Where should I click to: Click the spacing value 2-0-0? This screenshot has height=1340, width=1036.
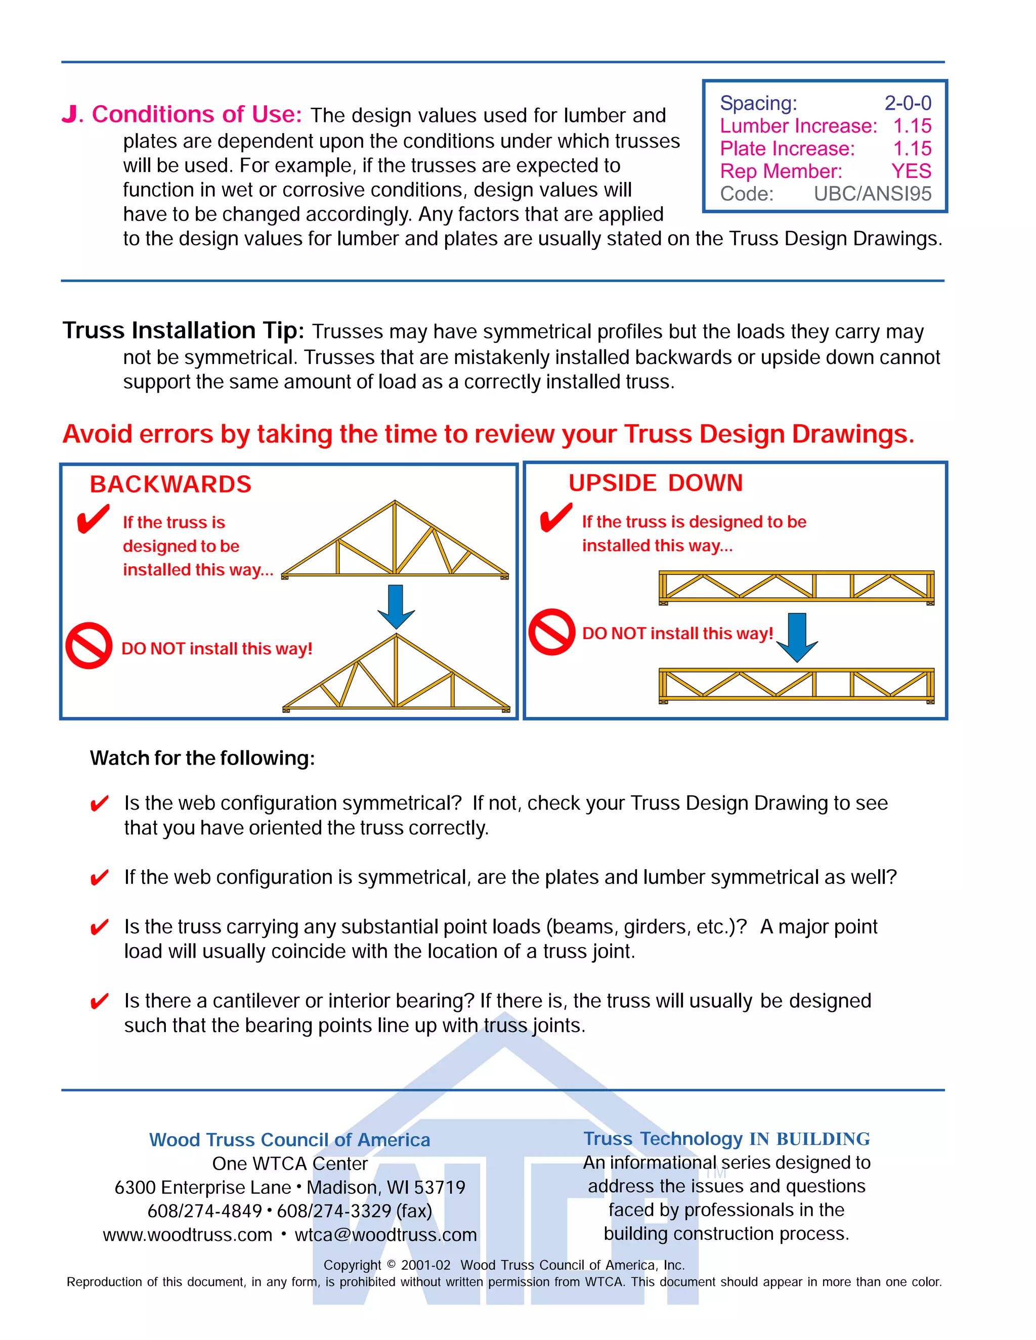pyautogui.click(x=907, y=103)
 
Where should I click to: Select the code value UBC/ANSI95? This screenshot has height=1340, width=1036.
pyautogui.click(x=872, y=194)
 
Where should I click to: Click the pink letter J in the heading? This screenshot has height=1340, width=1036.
pyautogui.click(x=71, y=115)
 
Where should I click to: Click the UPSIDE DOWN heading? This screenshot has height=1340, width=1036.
pyautogui.click(x=655, y=483)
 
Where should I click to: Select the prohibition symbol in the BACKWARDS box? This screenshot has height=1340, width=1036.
pyautogui.click(x=89, y=645)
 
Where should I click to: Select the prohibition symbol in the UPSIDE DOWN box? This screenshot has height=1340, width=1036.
pyautogui.click(x=552, y=632)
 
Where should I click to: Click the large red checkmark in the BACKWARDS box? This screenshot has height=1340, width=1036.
pyautogui.click(x=93, y=519)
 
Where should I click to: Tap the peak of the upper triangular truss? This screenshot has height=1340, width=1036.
pyautogui.click(x=395, y=503)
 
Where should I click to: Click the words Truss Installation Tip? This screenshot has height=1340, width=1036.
pyautogui.click(x=183, y=331)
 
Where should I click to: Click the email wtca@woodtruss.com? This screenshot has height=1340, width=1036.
pyautogui.click(x=385, y=1234)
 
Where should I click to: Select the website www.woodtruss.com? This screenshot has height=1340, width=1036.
pyautogui.click(x=187, y=1234)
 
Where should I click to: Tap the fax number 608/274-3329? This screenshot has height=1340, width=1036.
pyautogui.click(x=334, y=1211)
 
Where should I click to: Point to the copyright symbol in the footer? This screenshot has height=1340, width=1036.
pyautogui.click(x=391, y=1265)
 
